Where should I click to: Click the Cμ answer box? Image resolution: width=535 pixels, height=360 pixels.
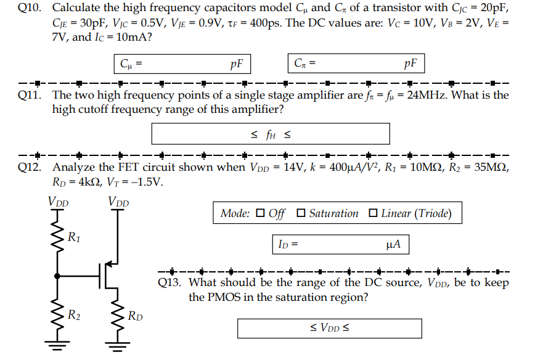tap(182, 63)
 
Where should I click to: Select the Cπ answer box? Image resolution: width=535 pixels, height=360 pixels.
tap(356, 63)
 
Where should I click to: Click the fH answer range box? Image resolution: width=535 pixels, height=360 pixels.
tap(271, 134)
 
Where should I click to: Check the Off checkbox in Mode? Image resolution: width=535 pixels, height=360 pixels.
tap(260, 214)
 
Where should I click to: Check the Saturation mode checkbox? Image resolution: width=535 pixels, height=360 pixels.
tap(301, 214)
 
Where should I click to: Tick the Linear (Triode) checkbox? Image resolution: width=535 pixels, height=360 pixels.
tap(373, 214)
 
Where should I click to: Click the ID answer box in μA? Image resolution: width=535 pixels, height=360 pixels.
tap(340, 245)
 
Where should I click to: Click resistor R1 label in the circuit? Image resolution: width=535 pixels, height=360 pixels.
tap(73, 235)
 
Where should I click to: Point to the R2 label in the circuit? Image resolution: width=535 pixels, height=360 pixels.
tap(73, 317)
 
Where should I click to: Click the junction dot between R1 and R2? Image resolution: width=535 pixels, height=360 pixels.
tap(58, 276)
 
